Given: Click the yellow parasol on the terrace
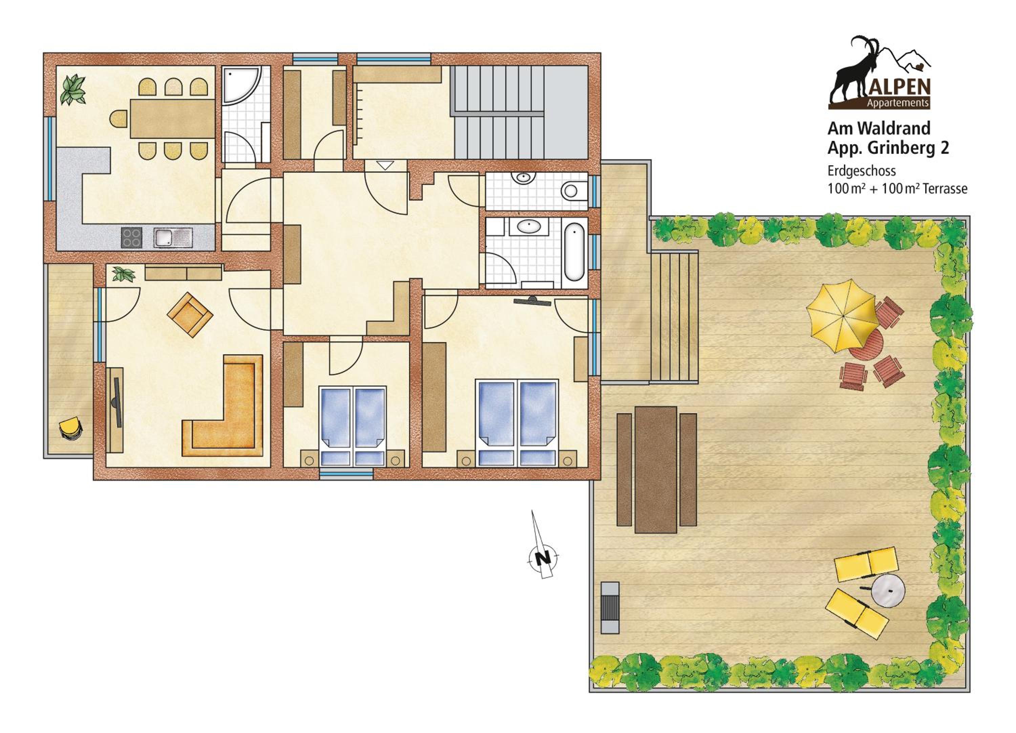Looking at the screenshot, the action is pyautogui.click(x=841, y=316).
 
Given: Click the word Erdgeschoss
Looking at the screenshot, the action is pyautogui.click(x=862, y=171).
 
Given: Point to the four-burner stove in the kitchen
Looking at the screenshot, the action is pyautogui.click(x=132, y=237).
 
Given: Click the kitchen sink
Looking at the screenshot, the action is pyautogui.click(x=173, y=237).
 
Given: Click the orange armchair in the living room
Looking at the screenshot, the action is pyautogui.click(x=190, y=315).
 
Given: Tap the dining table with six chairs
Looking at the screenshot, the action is pyautogui.click(x=172, y=118).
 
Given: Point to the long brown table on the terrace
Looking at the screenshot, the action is pyautogui.click(x=656, y=469).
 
